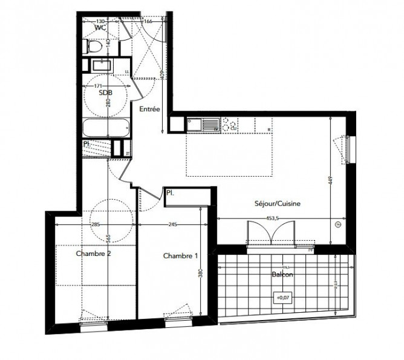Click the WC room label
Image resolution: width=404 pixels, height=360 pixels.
pos(101,27)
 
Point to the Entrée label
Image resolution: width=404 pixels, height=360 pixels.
pos(149,110)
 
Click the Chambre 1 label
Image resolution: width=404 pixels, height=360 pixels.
pos(181,256)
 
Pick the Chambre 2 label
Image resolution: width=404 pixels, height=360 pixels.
pos(93,254)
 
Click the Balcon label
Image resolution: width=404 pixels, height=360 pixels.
pos(283,274)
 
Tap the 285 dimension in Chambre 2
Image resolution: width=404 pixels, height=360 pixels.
pos(96,226)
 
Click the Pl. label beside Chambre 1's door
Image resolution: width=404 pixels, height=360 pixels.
pos(171,194)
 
